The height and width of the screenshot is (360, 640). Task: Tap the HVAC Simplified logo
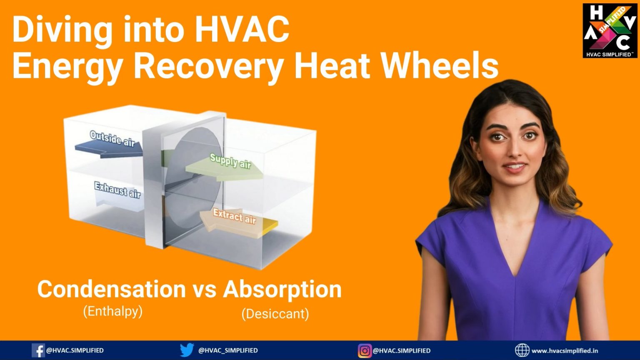(610, 30)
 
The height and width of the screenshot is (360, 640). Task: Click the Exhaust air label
(117, 190)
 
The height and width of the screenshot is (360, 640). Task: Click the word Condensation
(111, 289)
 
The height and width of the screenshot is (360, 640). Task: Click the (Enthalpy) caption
(113, 311)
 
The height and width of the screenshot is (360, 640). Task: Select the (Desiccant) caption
(275, 314)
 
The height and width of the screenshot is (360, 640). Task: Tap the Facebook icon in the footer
(38, 350)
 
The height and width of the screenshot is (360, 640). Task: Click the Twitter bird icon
(187, 350)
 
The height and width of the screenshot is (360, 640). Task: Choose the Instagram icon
(365, 350)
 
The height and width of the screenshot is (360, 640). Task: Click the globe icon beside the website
(522, 350)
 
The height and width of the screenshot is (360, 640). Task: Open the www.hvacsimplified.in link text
(565, 350)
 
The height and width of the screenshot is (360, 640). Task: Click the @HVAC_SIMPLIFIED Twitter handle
(228, 350)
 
